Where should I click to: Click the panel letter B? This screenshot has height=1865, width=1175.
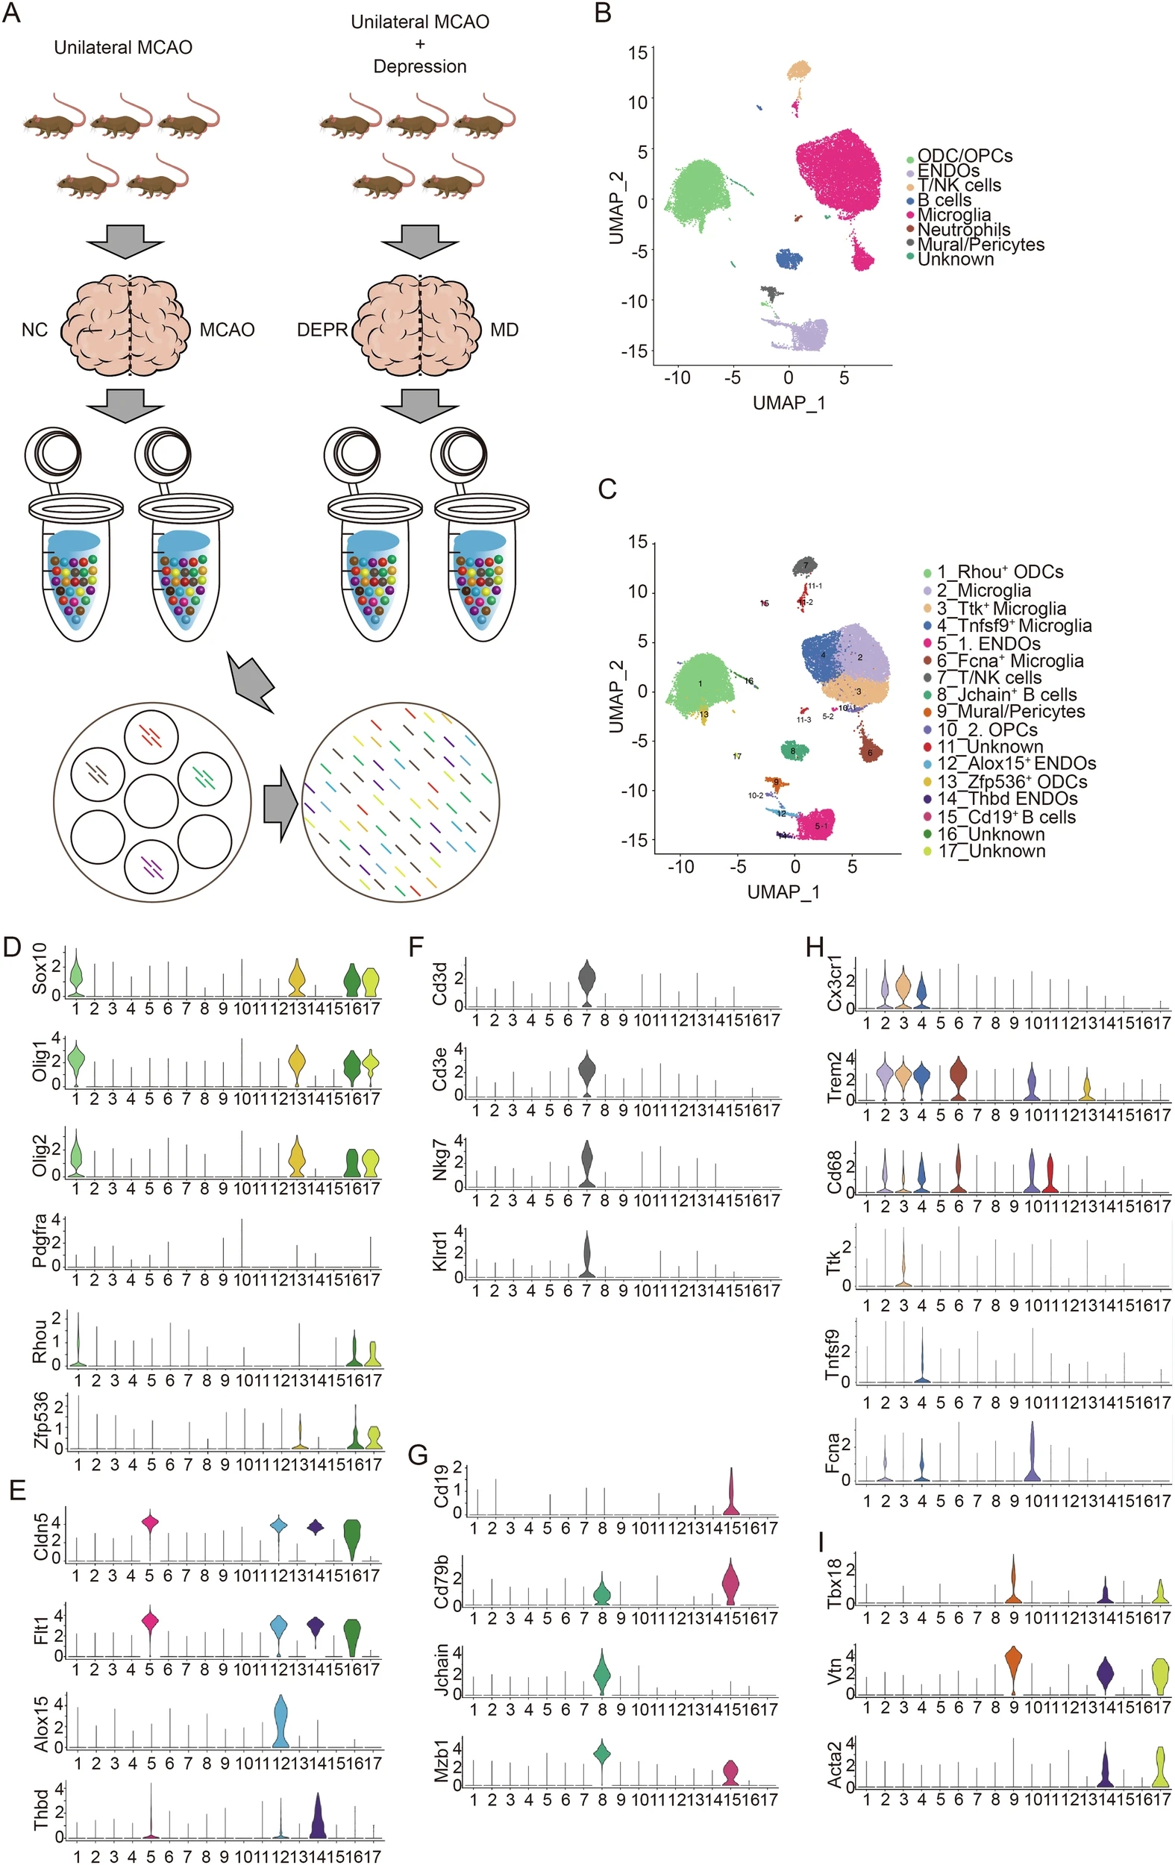[604, 14]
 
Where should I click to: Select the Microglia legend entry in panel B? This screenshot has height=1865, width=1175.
[953, 215]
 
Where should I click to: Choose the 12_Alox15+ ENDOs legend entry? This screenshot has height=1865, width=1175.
[1015, 764]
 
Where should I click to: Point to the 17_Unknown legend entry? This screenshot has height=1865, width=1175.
[991, 851]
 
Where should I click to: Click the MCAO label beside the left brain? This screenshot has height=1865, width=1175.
[227, 330]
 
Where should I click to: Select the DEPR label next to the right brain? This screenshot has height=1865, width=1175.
[322, 330]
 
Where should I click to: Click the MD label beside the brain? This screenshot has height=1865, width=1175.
[504, 330]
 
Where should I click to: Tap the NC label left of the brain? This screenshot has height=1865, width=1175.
[34, 330]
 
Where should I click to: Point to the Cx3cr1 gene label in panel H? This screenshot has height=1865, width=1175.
[835, 985]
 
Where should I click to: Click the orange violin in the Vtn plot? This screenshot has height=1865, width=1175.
[1013, 1670]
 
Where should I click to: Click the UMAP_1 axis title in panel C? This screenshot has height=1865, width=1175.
[783, 891]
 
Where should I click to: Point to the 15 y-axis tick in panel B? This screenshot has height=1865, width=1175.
[637, 53]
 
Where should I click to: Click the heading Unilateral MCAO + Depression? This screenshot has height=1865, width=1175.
[420, 44]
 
